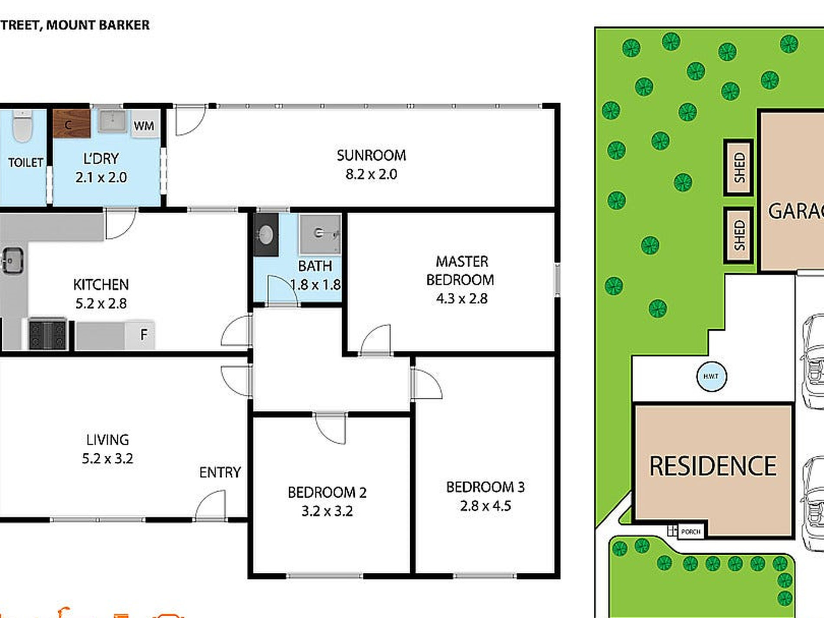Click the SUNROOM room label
[x=371, y=155]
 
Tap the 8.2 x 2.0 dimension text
[x=371, y=174]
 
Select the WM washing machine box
[x=144, y=125]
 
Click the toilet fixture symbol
[x=23, y=126]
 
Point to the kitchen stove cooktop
[x=47, y=334]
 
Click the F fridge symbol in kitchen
[x=140, y=334]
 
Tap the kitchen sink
[x=13, y=261]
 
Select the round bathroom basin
[x=266, y=235]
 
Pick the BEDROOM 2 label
[x=327, y=492]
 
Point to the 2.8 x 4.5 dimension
[x=485, y=506]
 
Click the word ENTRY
[x=220, y=472]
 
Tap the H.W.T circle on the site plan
[x=711, y=376]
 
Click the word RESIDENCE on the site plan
[x=713, y=466]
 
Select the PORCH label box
[x=690, y=531]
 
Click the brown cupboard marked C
[x=71, y=124]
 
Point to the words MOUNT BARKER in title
[x=98, y=25]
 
